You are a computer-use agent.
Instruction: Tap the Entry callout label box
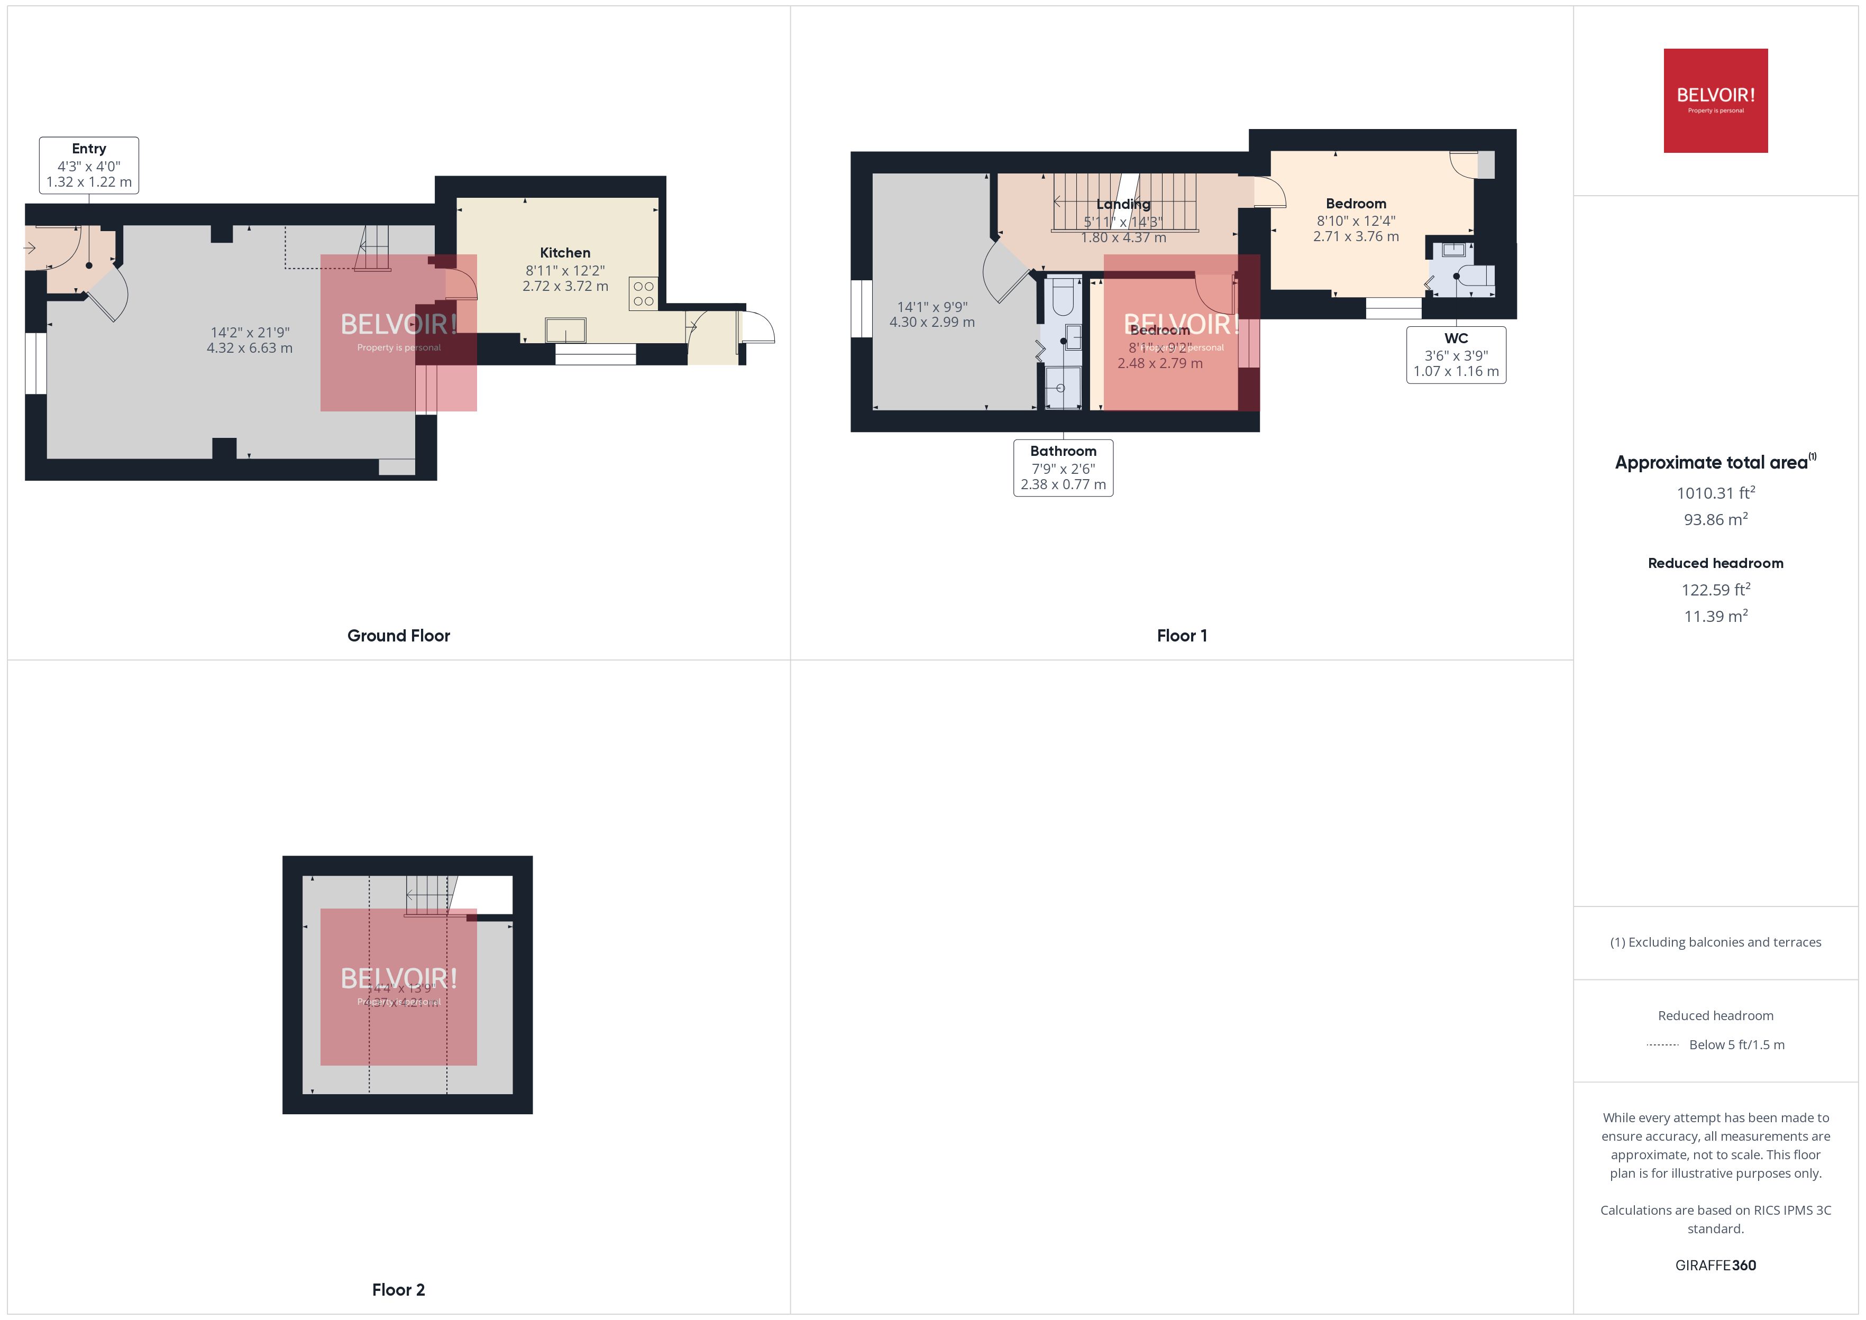coord(88,165)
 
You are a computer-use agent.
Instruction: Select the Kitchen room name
coord(565,253)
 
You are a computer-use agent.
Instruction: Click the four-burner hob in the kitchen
coord(643,294)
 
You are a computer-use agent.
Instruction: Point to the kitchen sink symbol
coord(565,330)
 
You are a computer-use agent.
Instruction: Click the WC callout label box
coord(1456,354)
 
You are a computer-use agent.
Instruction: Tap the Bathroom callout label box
coord(1063,467)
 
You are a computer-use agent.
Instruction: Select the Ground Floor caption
coord(398,636)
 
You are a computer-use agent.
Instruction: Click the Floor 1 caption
coord(1182,636)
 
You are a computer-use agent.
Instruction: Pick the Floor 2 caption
coord(398,1289)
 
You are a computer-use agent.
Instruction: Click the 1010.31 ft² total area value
coord(1715,492)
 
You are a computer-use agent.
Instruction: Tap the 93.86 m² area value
coord(1715,519)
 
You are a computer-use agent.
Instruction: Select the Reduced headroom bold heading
coord(1715,563)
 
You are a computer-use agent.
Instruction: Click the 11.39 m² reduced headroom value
coord(1715,616)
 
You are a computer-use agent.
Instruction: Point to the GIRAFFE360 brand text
coord(1715,1264)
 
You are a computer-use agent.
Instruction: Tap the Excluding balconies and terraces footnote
coord(1715,942)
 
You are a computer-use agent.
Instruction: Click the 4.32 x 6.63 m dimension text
coord(250,348)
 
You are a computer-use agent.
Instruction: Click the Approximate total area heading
coord(1712,463)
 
